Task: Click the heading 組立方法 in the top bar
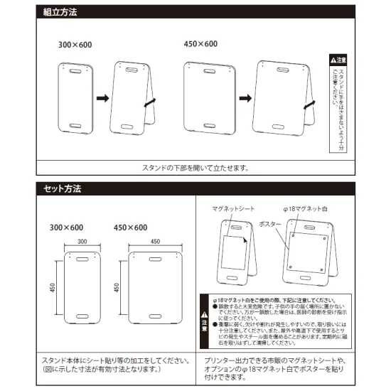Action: click(x=60, y=13)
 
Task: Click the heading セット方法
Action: click(x=63, y=189)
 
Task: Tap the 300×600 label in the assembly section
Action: click(x=75, y=44)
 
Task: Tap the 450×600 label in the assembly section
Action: click(x=200, y=44)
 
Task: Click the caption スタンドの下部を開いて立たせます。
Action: click(x=195, y=168)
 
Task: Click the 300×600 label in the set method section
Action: click(x=67, y=227)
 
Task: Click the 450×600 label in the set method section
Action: click(x=130, y=227)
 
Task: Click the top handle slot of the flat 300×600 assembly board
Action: click(x=75, y=70)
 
